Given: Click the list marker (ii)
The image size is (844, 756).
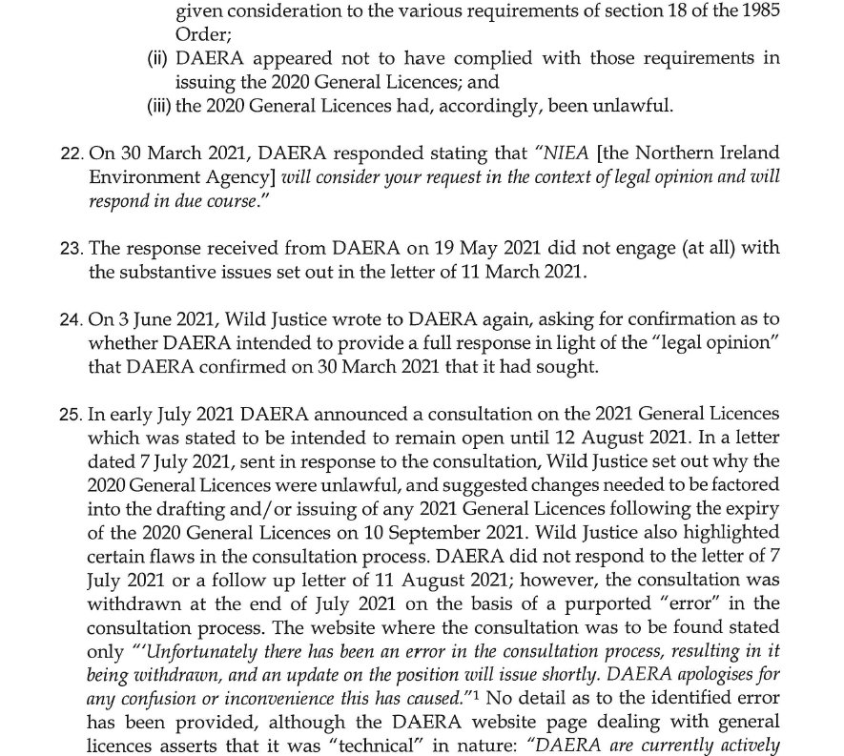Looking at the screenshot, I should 157,59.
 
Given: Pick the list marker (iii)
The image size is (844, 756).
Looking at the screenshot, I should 159,106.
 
